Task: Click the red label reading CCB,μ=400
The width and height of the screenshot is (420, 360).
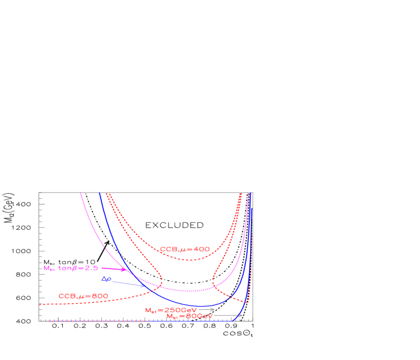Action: [x=185, y=249]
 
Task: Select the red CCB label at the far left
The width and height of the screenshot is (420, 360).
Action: [x=83, y=296]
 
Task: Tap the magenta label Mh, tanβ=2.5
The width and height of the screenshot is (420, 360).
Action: [x=70, y=268]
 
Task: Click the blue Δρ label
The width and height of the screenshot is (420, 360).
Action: [x=106, y=279]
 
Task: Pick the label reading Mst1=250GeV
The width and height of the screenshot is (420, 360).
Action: [x=171, y=310]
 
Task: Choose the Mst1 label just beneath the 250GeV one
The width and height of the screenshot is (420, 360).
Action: [x=189, y=316]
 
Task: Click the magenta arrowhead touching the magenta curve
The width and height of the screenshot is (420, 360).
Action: [x=124, y=270]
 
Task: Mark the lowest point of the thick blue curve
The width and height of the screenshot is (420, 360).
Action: [x=203, y=306]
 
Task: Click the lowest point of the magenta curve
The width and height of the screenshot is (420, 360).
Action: [x=190, y=291]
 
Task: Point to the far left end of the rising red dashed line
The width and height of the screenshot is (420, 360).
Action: [x=40, y=304]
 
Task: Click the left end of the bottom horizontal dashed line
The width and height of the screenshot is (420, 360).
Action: [x=48, y=320]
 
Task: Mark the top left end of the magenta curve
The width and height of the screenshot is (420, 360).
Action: [x=80, y=193]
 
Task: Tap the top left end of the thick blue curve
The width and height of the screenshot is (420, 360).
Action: [x=100, y=193]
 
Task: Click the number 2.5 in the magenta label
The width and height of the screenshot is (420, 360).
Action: [x=91, y=268]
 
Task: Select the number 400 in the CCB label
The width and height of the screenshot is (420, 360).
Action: [x=202, y=249]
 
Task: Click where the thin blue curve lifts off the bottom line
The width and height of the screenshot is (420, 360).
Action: [x=233, y=320]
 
